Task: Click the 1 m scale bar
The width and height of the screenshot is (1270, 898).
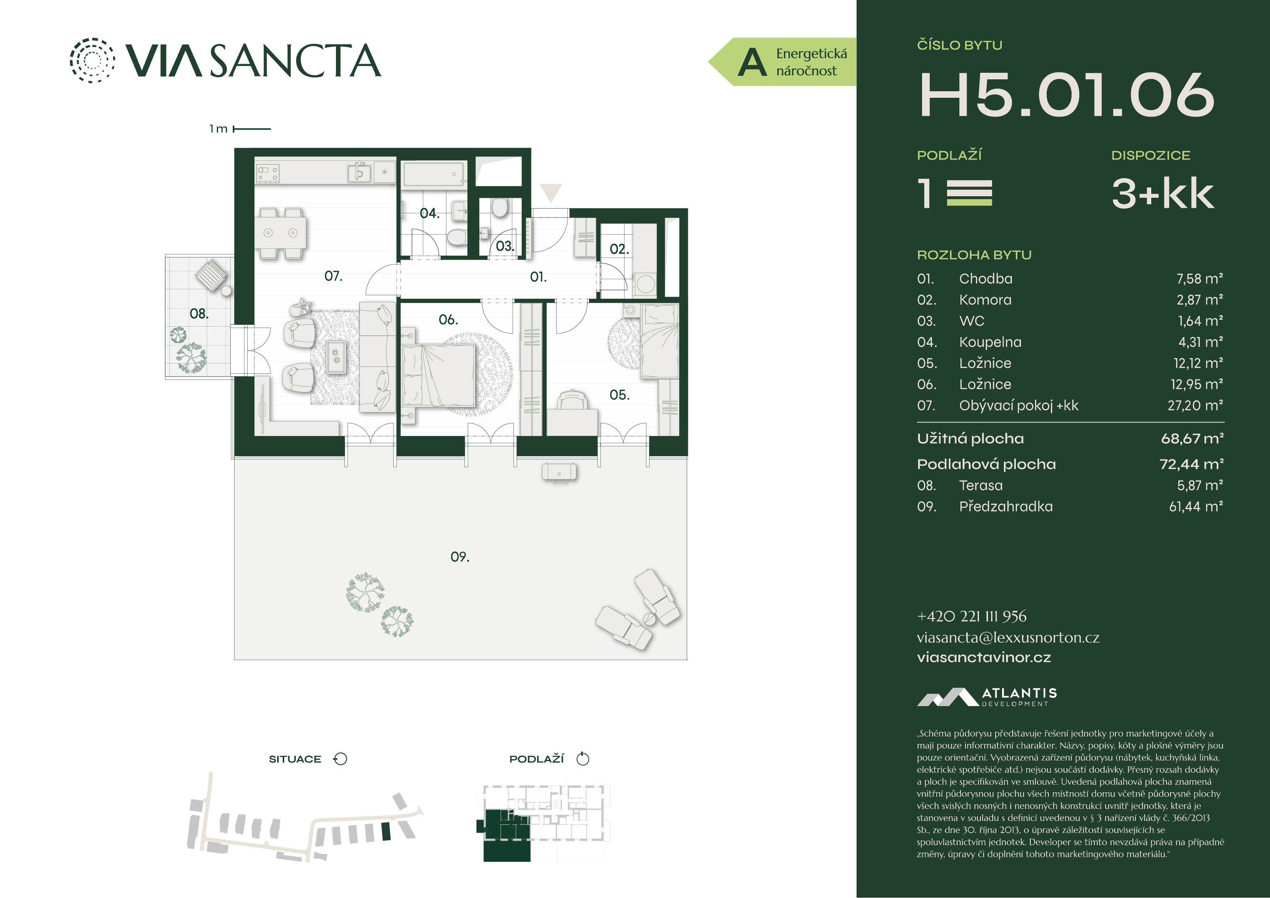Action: tap(252, 129)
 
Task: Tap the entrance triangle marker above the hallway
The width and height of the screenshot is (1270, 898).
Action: tap(551, 192)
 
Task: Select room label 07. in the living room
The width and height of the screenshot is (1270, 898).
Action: tap(333, 276)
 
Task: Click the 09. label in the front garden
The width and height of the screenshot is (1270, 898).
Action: tap(460, 557)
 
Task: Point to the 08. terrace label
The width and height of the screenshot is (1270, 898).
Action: tap(199, 314)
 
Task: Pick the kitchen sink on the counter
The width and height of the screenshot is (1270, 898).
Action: tap(358, 173)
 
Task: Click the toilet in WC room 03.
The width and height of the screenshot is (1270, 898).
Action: tap(500, 209)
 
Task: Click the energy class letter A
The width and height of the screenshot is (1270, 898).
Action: tap(752, 62)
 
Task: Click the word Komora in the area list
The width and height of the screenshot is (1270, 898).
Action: tap(985, 300)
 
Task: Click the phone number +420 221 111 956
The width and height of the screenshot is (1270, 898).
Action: tap(971, 616)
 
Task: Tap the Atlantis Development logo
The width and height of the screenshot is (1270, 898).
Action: tap(987, 697)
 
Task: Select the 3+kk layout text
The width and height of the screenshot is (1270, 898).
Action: tap(1163, 194)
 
